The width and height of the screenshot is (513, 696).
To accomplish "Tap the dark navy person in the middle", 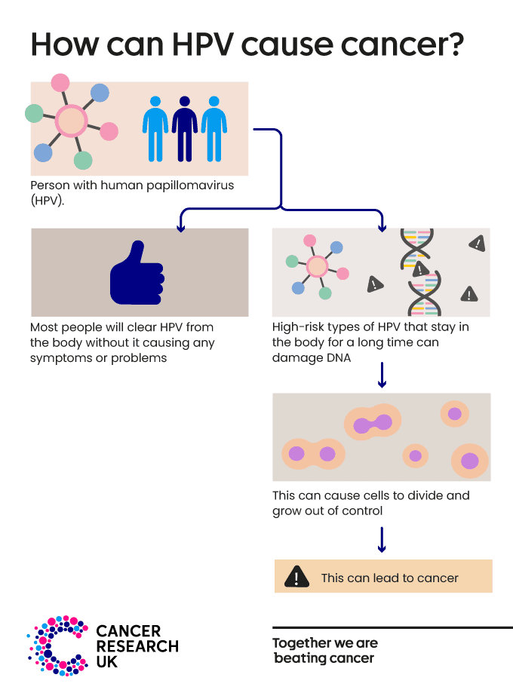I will click(185, 127).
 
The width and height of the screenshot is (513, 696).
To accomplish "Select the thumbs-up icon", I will click(137, 272).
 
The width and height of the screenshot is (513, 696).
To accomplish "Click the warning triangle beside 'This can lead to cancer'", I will click(297, 577).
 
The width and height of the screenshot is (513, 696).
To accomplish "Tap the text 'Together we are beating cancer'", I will click(325, 651).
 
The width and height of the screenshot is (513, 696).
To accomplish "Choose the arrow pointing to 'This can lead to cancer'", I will click(382, 540).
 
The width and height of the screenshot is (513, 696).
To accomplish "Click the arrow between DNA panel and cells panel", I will click(382, 375).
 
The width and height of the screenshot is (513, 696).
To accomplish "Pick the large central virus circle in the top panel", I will click(70, 121).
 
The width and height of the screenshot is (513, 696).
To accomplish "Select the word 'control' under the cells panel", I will click(362, 511).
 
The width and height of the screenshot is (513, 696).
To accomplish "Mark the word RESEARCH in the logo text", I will click(137, 646).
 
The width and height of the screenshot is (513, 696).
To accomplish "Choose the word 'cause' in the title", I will click(297, 44).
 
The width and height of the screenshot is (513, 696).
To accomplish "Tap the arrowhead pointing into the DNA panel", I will click(382, 225).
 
